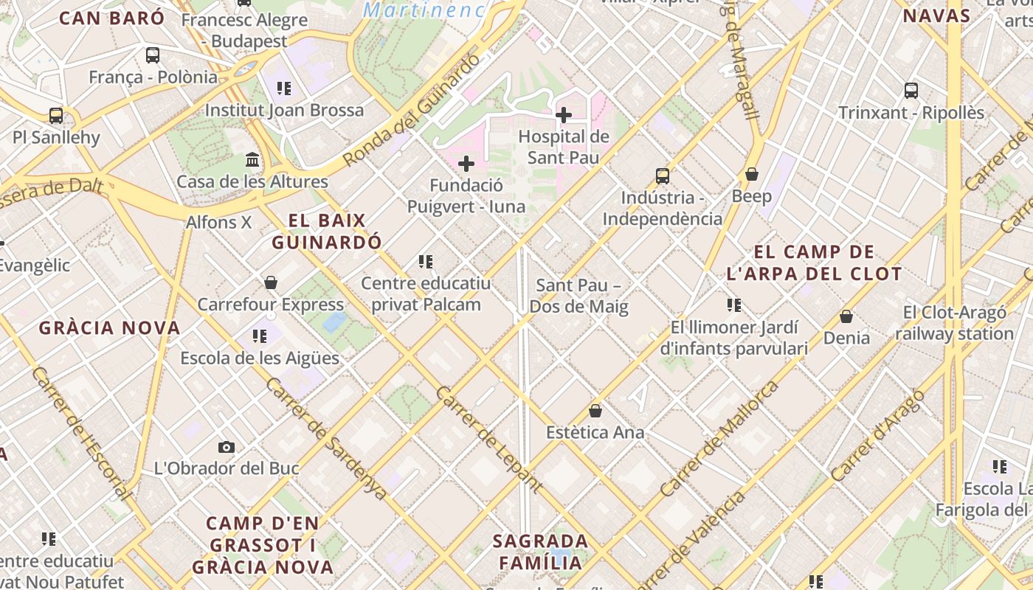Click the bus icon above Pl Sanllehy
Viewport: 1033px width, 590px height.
click(x=56, y=116)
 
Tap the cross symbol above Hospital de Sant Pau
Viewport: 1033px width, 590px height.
click(x=564, y=115)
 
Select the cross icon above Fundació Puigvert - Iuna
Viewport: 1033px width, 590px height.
click(x=466, y=164)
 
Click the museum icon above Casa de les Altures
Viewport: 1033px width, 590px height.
click(x=252, y=160)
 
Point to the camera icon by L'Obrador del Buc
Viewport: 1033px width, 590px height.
click(x=227, y=447)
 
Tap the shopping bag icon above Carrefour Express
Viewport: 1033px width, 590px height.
click(x=271, y=282)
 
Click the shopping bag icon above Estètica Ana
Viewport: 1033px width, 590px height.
click(x=595, y=411)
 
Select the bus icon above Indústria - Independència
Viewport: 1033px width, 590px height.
click(x=663, y=176)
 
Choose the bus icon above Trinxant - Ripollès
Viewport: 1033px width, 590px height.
click(x=911, y=91)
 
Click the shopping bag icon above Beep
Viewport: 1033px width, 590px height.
click(x=752, y=175)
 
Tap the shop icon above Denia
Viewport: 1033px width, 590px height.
click(x=846, y=316)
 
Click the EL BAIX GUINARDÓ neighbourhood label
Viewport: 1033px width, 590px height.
click(x=327, y=231)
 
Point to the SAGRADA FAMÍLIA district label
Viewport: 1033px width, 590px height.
click(x=541, y=552)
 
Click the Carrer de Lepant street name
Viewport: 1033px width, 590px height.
click(x=489, y=440)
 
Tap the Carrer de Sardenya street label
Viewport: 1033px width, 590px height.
click(x=325, y=440)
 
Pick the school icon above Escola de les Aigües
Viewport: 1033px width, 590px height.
click(x=260, y=337)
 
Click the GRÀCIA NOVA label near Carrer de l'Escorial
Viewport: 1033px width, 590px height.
click(x=109, y=328)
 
